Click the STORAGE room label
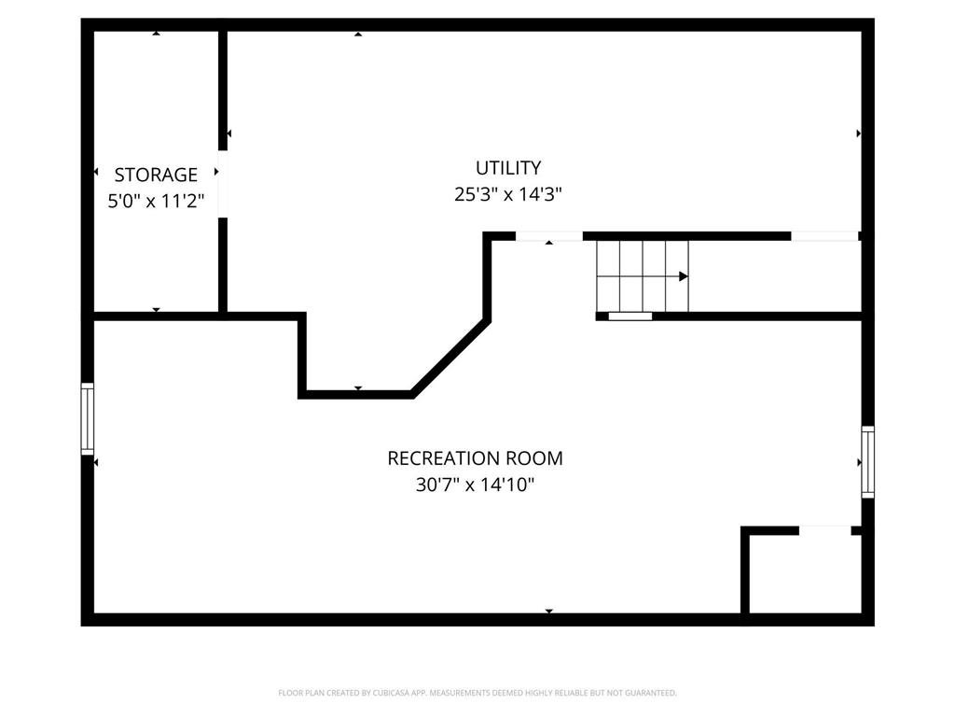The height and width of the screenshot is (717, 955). (x=156, y=175)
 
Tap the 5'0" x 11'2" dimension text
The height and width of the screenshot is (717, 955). (x=156, y=200)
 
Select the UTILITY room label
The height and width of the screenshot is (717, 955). (x=508, y=168)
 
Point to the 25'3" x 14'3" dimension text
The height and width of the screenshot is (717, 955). (x=508, y=194)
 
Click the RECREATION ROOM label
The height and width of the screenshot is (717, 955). (x=475, y=458)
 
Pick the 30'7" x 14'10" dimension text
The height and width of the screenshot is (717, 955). (x=475, y=485)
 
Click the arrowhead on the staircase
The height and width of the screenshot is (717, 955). (x=684, y=276)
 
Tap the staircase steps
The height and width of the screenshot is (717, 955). (x=643, y=276)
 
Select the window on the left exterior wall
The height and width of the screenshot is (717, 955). (x=88, y=418)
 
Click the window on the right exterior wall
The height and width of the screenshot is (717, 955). (x=867, y=461)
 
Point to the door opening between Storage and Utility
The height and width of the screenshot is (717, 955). (x=223, y=183)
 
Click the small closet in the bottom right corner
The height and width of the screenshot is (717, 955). (x=804, y=574)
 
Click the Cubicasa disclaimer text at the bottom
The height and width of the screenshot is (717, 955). (x=477, y=693)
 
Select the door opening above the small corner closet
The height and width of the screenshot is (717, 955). (x=825, y=530)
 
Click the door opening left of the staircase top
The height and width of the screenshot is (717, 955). (x=549, y=236)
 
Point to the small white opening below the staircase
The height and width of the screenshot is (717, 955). (x=630, y=316)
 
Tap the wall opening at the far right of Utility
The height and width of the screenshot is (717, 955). (x=824, y=236)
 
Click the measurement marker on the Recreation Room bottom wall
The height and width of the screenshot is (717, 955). (x=549, y=612)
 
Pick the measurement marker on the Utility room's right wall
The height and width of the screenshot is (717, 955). (x=858, y=134)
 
